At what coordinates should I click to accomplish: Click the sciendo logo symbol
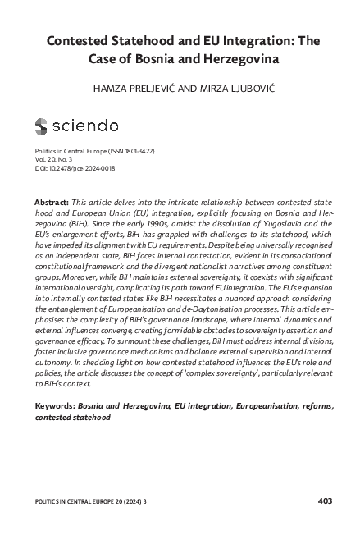tap(42, 126)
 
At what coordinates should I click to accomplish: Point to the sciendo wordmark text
tap(84, 126)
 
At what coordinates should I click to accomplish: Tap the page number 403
tap(324, 499)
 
